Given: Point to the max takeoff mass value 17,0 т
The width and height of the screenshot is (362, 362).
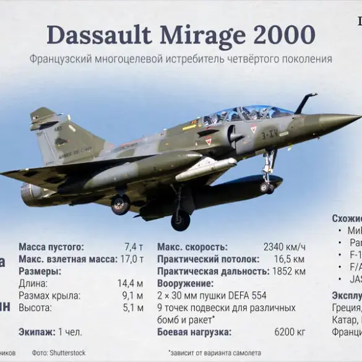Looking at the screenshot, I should pyautogui.click(x=131, y=259).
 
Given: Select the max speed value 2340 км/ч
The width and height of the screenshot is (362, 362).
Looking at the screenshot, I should pyautogui.click(x=284, y=247).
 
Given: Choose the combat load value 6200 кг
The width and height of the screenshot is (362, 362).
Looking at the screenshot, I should pyautogui.click(x=290, y=332).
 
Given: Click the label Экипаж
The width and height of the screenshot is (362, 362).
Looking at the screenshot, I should pyautogui.click(x=37, y=332).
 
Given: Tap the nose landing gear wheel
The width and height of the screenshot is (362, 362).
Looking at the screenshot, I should pyautogui.click(x=267, y=186).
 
